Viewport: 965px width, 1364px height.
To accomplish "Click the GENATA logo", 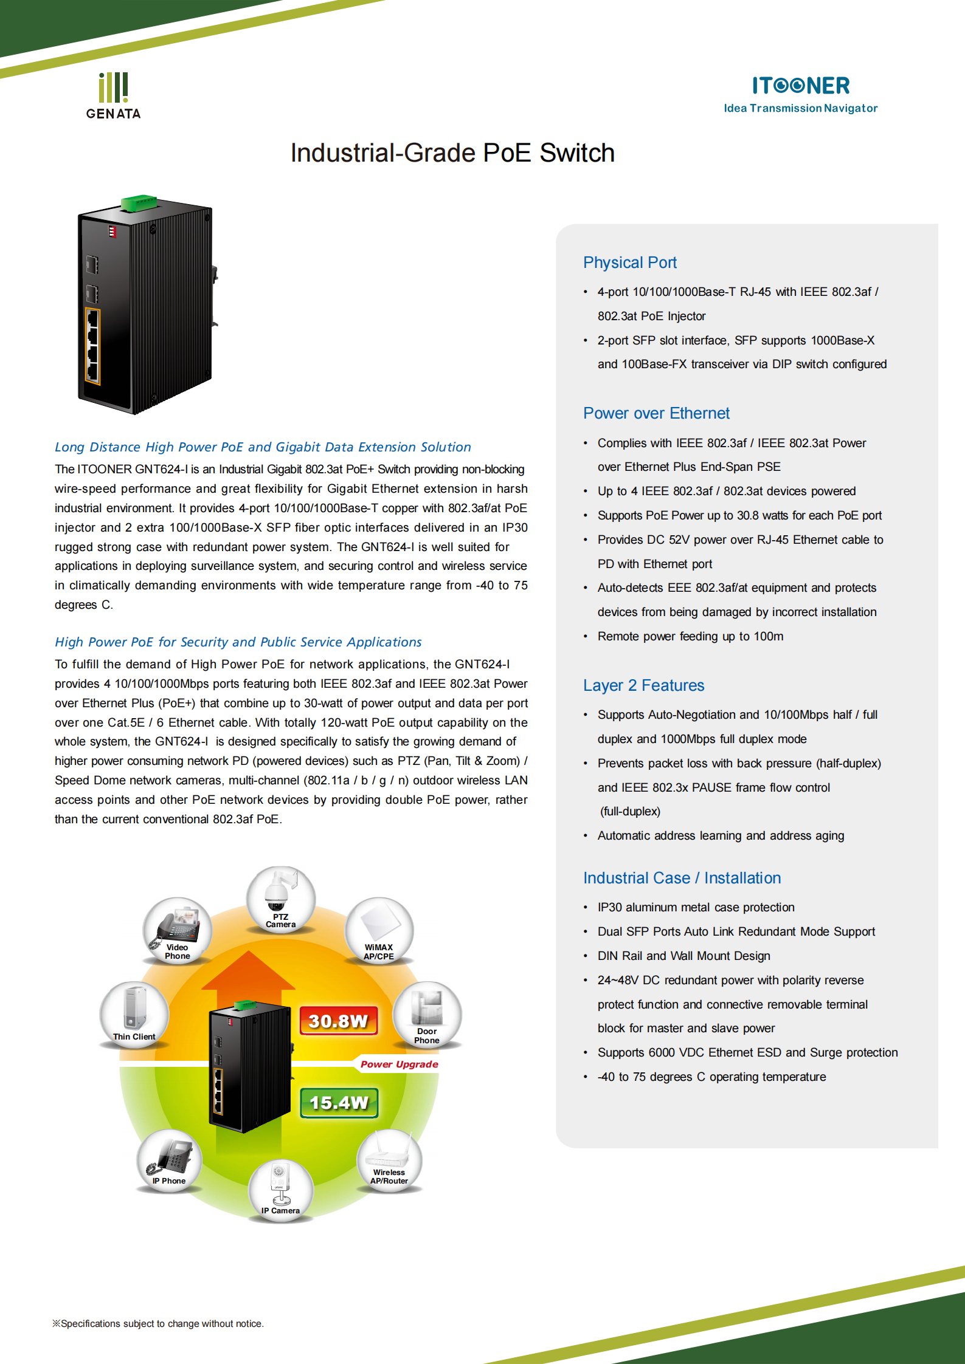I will pyautogui.click(x=114, y=96).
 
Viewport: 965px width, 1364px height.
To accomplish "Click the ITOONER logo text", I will pyautogui.click(x=801, y=86).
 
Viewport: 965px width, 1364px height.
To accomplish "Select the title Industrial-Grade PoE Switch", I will pyautogui.click(x=452, y=153).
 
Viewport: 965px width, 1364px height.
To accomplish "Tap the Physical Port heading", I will pyautogui.click(x=629, y=262).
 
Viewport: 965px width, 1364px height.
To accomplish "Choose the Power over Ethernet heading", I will pyautogui.click(x=656, y=413).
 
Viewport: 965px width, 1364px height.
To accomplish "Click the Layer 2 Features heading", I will pyautogui.click(x=643, y=685).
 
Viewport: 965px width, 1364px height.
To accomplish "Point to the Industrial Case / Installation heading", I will pyautogui.click(x=682, y=878).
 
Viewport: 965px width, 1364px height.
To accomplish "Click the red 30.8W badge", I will pyautogui.click(x=339, y=1021).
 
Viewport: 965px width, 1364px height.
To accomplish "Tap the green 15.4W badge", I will pyautogui.click(x=339, y=1103).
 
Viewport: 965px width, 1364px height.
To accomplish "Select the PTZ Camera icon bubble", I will pyautogui.click(x=280, y=899).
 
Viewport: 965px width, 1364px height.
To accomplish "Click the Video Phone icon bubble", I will pyautogui.click(x=178, y=930).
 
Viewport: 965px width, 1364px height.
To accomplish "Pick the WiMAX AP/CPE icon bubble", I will pyautogui.click(x=379, y=930).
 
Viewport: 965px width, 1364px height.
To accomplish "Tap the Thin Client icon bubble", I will pyautogui.click(x=134, y=1014).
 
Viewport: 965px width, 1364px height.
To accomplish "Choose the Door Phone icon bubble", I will pyautogui.click(x=427, y=1014).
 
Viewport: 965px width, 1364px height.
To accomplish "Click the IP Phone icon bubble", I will pyautogui.click(x=169, y=1160).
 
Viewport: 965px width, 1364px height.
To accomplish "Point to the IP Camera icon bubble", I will pyautogui.click(x=280, y=1190).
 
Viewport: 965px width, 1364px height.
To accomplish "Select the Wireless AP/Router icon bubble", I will pyautogui.click(x=389, y=1160).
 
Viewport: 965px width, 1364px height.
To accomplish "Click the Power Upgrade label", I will pyautogui.click(x=399, y=1064).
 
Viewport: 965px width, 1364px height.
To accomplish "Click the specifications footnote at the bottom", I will pyautogui.click(x=158, y=1323).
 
